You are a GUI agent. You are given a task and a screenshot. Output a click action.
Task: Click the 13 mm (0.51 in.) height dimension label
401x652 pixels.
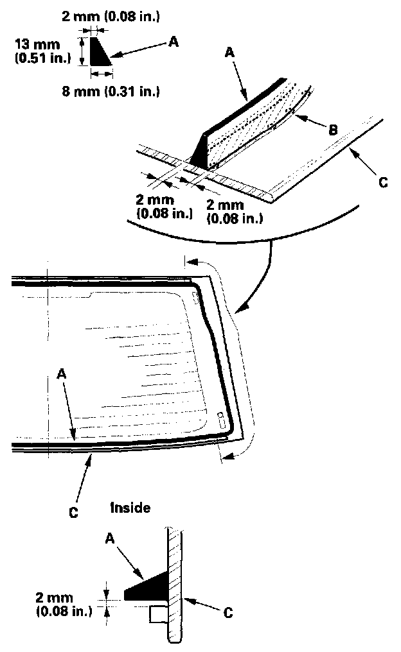point(37,51)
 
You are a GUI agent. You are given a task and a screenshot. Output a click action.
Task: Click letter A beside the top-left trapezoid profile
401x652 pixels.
point(172,42)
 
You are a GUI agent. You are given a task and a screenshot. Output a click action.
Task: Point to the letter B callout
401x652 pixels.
point(333,131)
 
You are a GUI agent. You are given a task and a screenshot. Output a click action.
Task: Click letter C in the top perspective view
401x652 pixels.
point(383,183)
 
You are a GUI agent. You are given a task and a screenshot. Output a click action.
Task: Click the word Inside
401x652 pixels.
point(130,508)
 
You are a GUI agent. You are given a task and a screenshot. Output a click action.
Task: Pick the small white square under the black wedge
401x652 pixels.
point(158,614)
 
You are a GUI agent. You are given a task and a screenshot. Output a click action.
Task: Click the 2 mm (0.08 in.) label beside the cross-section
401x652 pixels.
point(64,604)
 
